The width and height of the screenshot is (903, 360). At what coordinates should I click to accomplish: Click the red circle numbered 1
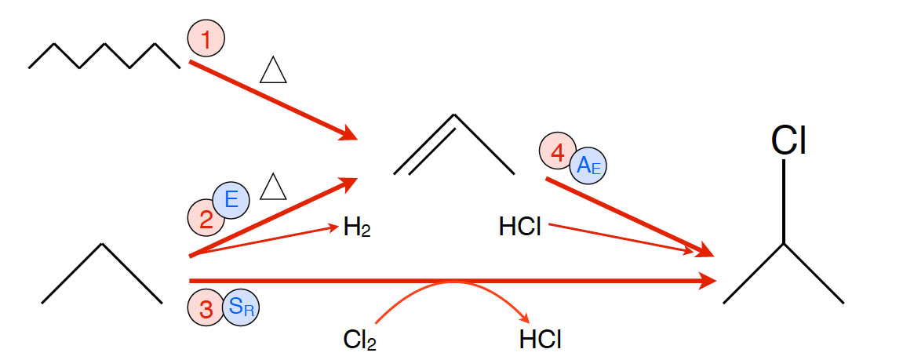[x=206, y=38]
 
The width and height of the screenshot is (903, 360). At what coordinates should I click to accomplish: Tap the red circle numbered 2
[x=206, y=218]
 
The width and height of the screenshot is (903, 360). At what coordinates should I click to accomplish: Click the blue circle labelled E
[x=231, y=200]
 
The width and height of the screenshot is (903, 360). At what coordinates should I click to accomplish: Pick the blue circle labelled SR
[x=241, y=308]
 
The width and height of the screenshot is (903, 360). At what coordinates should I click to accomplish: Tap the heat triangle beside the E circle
[x=273, y=187]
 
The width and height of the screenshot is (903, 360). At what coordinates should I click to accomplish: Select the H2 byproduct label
[x=356, y=229]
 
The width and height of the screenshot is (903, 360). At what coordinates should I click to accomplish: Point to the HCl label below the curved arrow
[x=541, y=340]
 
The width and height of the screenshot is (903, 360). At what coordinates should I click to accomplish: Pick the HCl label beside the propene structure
[x=520, y=228]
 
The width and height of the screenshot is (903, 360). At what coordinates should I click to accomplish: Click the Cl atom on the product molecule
[x=788, y=141]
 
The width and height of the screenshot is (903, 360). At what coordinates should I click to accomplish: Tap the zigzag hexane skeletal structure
[x=104, y=56]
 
